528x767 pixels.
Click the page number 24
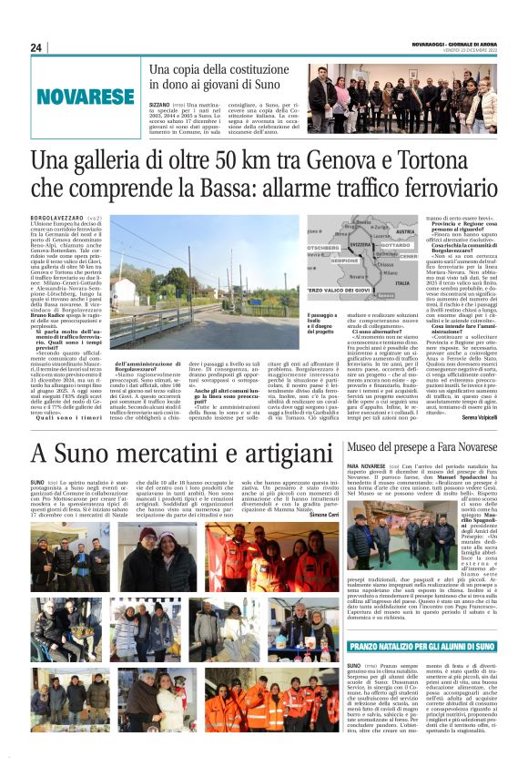(x=36, y=47)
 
